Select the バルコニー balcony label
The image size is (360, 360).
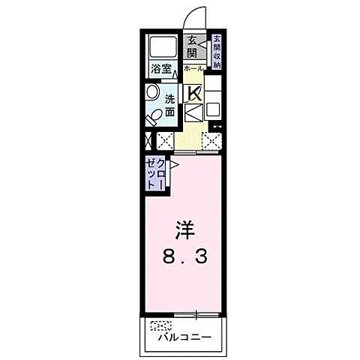coord(184,337)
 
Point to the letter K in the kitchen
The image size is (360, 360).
coord(194,94)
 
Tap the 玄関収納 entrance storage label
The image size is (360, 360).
coord(216,52)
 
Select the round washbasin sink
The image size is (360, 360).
coord(151,93)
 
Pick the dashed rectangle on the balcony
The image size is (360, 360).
coord(160,325)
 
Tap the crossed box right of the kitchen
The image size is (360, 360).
coord(211,139)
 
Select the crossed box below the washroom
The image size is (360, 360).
coord(164,139)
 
